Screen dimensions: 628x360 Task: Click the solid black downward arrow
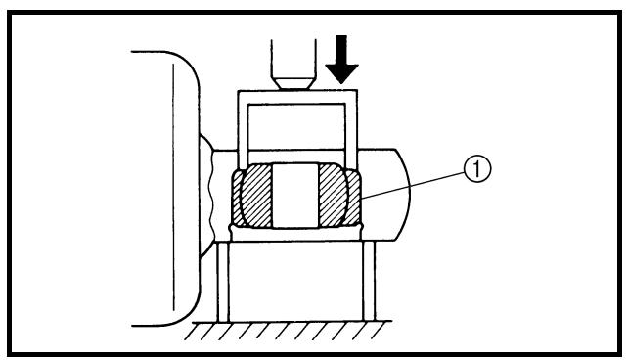341,60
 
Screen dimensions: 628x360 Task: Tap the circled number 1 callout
477,169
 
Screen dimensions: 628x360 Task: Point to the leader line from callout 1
413,186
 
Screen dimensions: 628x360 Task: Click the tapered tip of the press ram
293,83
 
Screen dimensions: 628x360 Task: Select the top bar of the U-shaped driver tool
297,97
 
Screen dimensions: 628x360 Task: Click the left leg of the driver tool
244,129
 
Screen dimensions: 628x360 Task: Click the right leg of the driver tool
351,129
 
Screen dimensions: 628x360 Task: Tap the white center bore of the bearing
295,196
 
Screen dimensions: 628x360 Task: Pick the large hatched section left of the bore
256,196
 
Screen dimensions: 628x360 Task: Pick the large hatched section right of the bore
334,196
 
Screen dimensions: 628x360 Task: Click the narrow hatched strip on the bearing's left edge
237,197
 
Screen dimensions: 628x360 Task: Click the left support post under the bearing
223,281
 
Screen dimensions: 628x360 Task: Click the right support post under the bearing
369,281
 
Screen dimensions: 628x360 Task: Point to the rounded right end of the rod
405,195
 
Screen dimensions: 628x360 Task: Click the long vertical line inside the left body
174,187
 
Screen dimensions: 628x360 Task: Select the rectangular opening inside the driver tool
296,126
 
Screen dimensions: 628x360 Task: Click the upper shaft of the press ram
293,59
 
